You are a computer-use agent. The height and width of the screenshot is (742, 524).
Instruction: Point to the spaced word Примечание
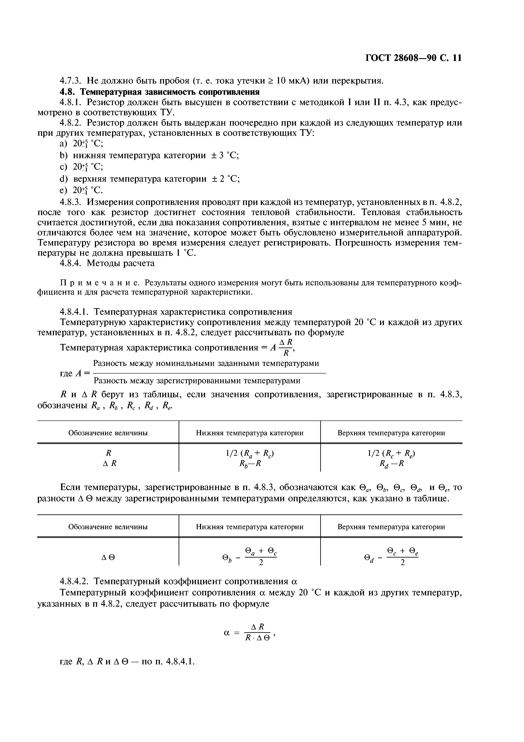pyautogui.click(x=100, y=283)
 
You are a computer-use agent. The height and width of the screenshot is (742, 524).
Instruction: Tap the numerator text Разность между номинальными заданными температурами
pyautogui.click(x=206, y=363)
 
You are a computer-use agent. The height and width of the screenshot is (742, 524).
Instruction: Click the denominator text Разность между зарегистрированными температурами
pyautogui.click(x=197, y=381)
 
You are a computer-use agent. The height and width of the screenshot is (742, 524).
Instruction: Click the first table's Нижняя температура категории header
pyautogui.click(x=250, y=433)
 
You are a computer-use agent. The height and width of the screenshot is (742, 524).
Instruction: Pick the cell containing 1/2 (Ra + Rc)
pyautogui.click(x=250, y=454)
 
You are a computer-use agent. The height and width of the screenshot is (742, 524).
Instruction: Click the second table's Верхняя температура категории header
pyautogui.click(x=391, y=527)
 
